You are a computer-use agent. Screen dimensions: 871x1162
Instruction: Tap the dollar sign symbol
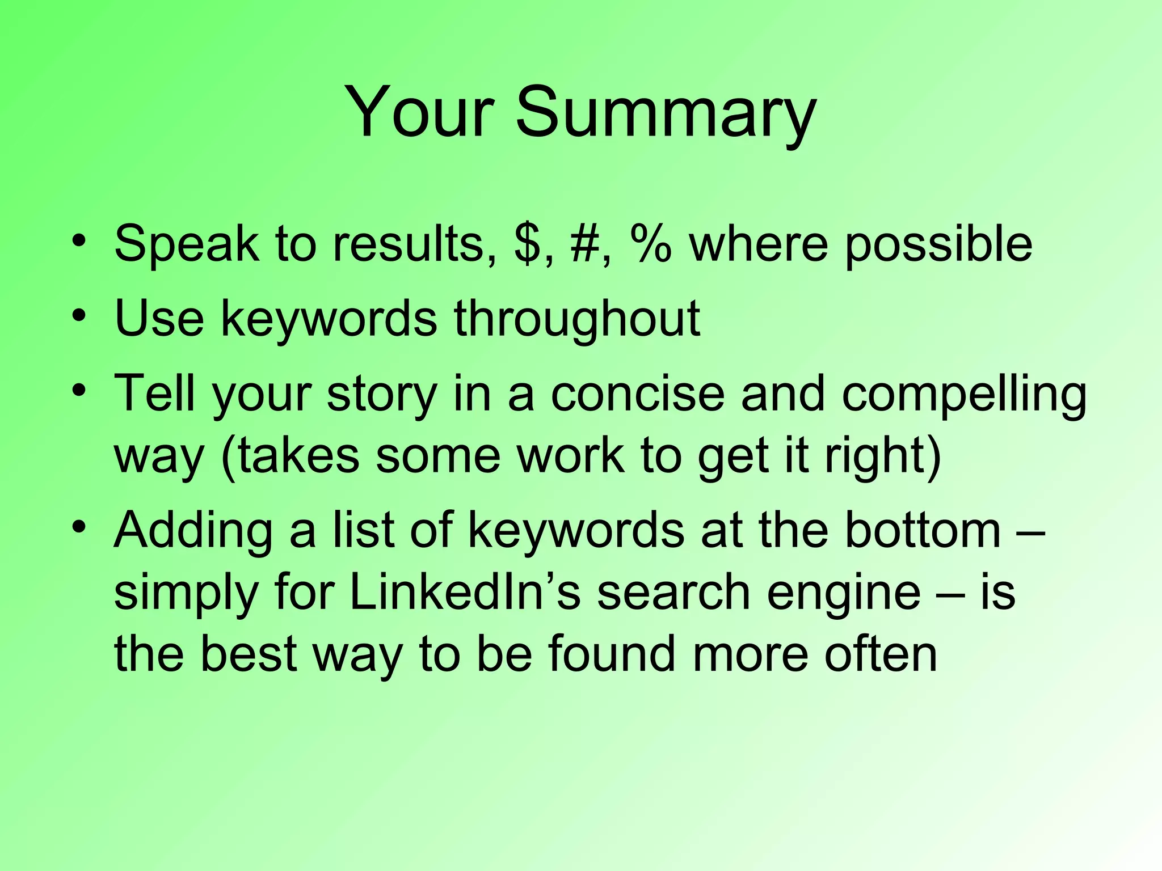pyautogui.click(x=528, y=244)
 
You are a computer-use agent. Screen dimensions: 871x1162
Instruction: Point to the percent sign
pyautogui.click(x=650, y=244)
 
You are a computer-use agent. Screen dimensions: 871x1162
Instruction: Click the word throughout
pyautogui.click(x=576, y=320)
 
